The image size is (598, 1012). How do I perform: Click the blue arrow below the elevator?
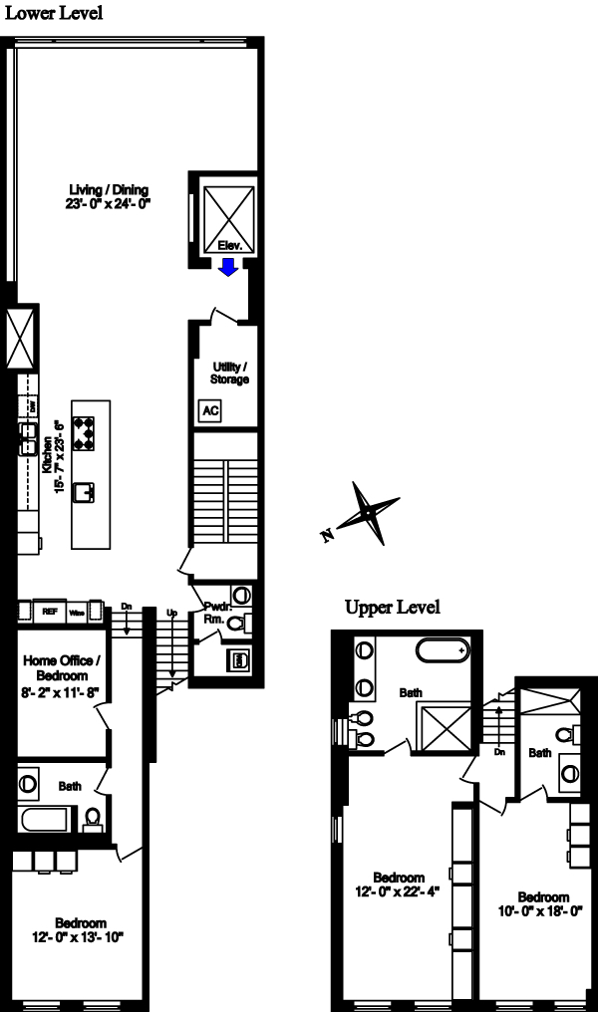(228, 267)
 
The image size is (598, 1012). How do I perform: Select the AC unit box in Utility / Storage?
(210, 409)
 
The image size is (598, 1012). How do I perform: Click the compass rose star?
(369, 512)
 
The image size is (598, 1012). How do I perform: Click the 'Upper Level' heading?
(392, 608)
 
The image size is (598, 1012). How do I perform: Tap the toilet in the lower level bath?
(93, 818)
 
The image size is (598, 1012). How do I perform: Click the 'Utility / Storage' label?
(229, 373)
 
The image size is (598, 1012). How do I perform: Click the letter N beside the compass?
(326, 536)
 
